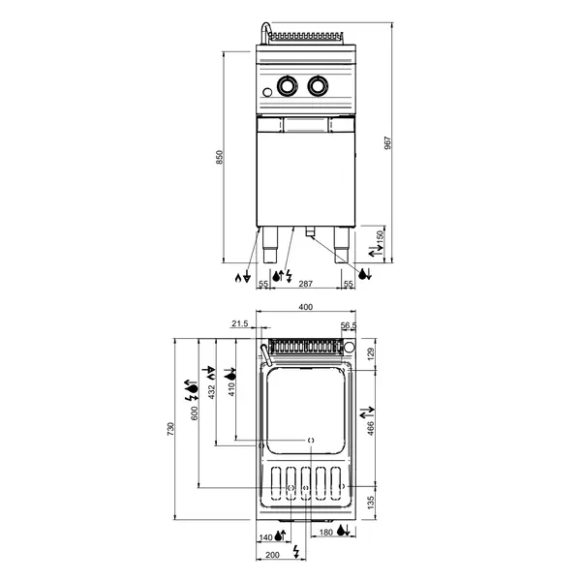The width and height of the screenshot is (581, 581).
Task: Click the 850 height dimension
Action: click(x=219, y=157)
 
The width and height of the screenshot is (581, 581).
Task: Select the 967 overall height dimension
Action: click(x=388, y=141)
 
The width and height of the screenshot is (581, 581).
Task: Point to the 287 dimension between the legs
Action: click(x=304, y=284)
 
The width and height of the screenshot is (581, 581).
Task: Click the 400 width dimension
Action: click(x=306, y=308)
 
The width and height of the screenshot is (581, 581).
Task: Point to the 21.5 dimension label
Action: click(x=241, y=323)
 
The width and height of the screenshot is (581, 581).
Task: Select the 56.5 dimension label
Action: click(x=349, y=326)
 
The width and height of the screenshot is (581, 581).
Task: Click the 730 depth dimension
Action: click(x=171, y=427)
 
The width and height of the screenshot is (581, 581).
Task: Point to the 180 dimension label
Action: click(x=325, y=534)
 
